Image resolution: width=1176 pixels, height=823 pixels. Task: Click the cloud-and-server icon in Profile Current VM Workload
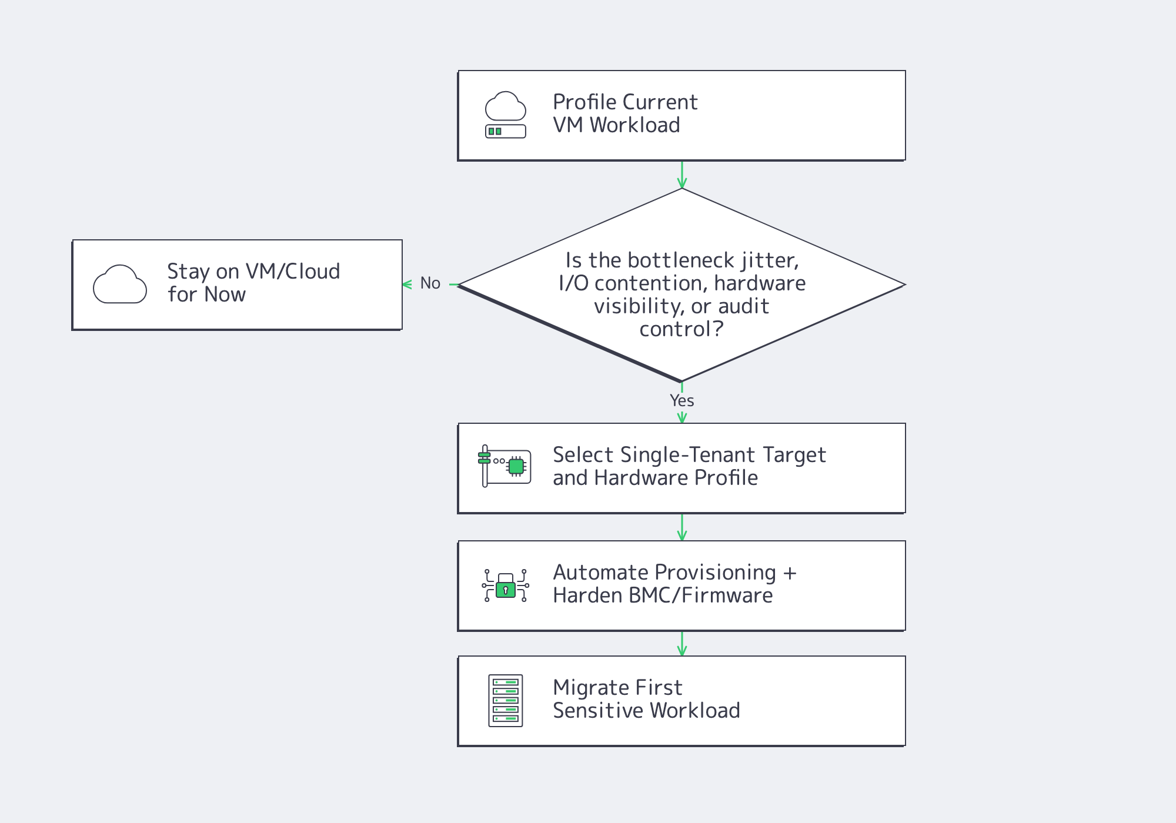point(505,115)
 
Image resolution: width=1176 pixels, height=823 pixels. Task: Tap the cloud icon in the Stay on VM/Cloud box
point(120,285)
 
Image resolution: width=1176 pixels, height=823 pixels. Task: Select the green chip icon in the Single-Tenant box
point(516,466)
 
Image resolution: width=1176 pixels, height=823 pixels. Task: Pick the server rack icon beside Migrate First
point(506,701)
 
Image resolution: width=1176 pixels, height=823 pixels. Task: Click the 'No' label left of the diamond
point(430,283)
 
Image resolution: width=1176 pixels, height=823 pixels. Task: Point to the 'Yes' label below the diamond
point(682,400)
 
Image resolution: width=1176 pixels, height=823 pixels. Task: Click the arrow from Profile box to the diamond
point(682,175)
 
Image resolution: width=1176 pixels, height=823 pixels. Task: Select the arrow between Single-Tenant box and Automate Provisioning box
point(682,527)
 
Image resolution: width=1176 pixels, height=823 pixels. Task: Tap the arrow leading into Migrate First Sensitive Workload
point(682,644)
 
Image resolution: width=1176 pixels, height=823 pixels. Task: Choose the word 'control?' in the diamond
point(681,329)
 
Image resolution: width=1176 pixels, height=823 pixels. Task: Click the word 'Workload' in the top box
point(634,125)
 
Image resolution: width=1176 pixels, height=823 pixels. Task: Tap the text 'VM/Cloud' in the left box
point(292,272)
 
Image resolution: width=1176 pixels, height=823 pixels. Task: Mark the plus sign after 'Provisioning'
point(790,573)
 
